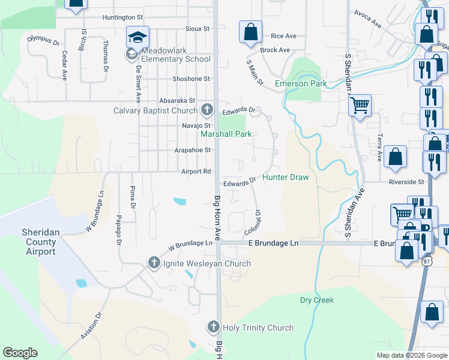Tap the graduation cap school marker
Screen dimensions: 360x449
click(x=137, y=37)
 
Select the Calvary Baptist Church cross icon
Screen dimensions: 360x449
click(x=207, y=110)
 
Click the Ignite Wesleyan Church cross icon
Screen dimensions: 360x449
click(x=154, y=263)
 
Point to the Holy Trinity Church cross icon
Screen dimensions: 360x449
click(x=213, y=327)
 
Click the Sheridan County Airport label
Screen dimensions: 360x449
click(x=39, y=242)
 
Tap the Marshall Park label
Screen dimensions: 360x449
click(x=226, y=134)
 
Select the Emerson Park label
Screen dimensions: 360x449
click(x=301, y=83)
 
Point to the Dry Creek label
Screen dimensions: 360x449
click(x=316, y=300)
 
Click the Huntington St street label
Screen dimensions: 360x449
click(x=122, y=17)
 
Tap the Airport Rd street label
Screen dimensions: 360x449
click(x=196, y=171)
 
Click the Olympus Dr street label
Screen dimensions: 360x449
click(x=44, y=40)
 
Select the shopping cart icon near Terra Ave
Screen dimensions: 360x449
click(x=360, y=106)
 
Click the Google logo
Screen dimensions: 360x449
click(x=20, y=353)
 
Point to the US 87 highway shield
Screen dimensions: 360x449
click(x=427, y=262)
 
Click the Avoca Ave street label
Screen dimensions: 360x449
click(x=368, y=20)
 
